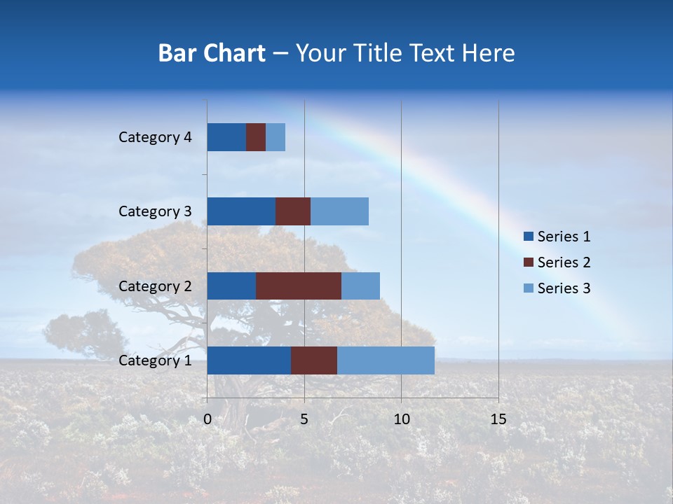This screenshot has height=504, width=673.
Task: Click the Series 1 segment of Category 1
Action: coord(249,360)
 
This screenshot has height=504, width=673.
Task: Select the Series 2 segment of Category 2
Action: coord(299,286)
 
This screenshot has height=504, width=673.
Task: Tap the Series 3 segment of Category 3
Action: coord(339,211)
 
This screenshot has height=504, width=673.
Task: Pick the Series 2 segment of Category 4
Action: coord(256,137)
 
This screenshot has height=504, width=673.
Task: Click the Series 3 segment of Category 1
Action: coord(386,360)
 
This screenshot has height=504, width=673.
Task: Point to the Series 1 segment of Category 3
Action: coord(241,211)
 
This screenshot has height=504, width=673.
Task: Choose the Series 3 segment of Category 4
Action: coord(276,137)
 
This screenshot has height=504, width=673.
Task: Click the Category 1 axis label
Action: coord(155,360)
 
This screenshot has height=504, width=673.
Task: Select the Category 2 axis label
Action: coord(155,286)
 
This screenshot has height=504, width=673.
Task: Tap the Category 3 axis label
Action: coord(155,211)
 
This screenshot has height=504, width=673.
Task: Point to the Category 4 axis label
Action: coord(155,137)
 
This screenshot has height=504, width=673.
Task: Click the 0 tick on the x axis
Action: coord(208,419)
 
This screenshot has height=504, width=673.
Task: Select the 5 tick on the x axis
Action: coord(304,419)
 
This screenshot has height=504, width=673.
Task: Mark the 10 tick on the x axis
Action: coord(401,419)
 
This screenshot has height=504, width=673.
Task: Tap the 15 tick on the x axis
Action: coord(498,419)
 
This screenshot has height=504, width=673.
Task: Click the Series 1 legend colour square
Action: coord(528,237)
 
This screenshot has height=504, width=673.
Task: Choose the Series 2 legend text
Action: coord(564,262)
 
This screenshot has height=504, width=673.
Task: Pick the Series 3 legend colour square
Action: coord(528,288)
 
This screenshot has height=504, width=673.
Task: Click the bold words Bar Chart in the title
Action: coord(212,53)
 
